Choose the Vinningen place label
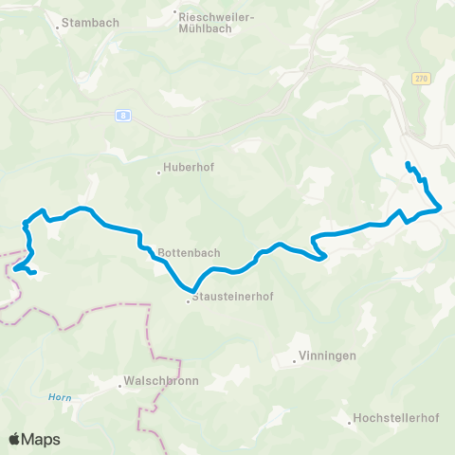[x=327, y=355]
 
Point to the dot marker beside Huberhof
[x=158, y=173]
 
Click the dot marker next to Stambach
[x=58, y=27]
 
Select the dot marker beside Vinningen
[x=292, y=361]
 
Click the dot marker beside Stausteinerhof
[x=188, y=301]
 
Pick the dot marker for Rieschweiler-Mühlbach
[x=176, y=12]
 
